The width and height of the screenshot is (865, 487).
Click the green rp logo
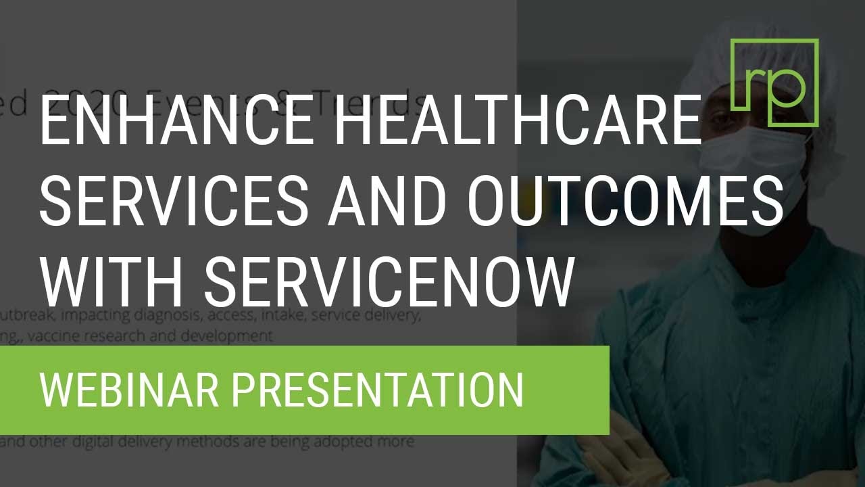click(x=774, y=83)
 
